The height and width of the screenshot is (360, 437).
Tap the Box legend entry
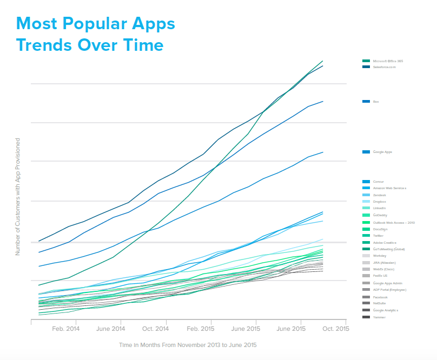click(376, 102)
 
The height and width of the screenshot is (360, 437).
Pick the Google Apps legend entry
click(382, 152)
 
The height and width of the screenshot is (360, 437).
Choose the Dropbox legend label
click(380, 202)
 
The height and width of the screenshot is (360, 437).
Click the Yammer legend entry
click(380, 317)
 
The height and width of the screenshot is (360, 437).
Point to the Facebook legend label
click(381, 297)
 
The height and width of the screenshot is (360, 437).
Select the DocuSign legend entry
click(381, 229)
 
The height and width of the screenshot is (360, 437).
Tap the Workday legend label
click(380, 256)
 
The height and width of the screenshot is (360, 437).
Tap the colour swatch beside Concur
click(366, 182)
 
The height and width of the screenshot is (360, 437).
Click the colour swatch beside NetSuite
click(366, 303)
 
